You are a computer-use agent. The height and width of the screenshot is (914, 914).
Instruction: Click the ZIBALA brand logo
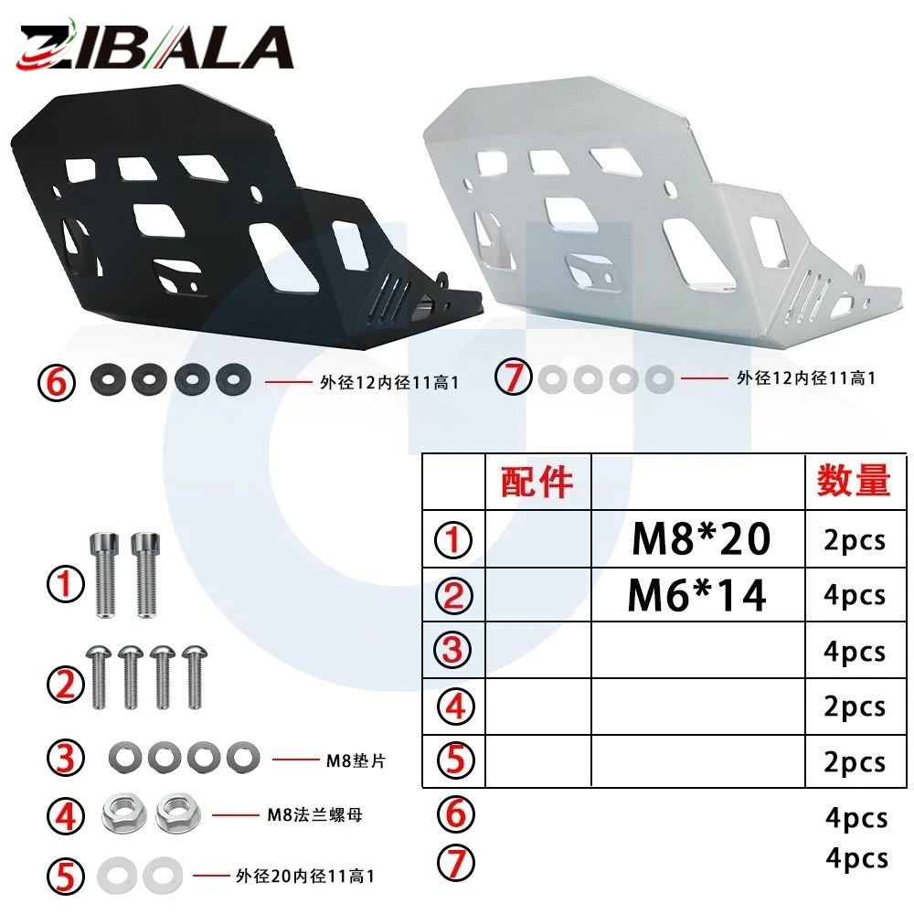coord(155,46)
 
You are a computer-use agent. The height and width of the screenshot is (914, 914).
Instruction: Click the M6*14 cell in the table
coord(697,595)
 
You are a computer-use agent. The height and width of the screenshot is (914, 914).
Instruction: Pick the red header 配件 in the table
coord(537,482)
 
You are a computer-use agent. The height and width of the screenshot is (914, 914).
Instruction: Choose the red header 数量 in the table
coord(854,481)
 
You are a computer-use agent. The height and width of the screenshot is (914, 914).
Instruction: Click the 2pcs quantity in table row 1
coord(855,540)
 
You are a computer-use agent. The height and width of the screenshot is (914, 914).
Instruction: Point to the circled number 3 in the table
coord(453,650)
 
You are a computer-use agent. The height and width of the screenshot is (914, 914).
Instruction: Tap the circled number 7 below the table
coord(456,863)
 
